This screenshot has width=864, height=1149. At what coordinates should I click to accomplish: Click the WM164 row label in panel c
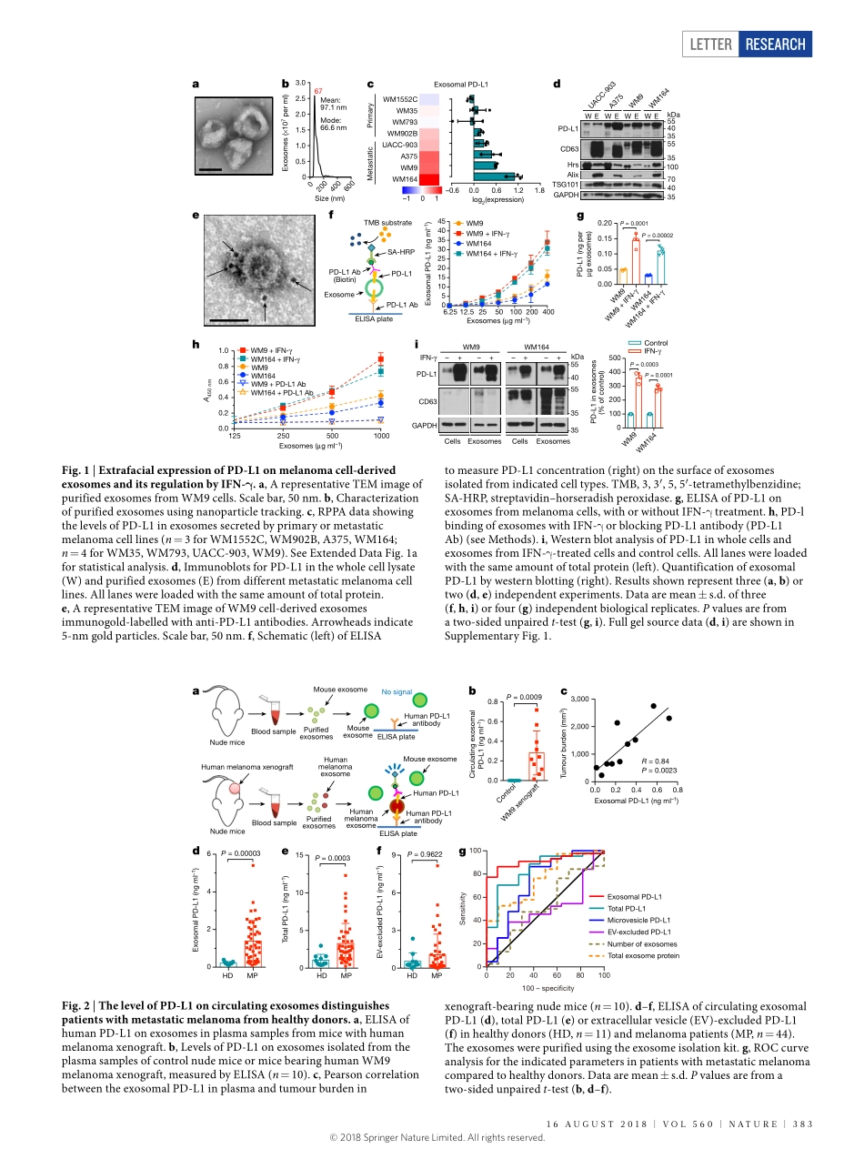pyautogui.click(x=402, y=179)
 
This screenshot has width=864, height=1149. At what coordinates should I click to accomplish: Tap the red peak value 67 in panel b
pyautogui.click(x=318, y=91)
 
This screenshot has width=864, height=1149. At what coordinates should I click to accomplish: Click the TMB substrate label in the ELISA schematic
pyautogui.click(x=388, y=222)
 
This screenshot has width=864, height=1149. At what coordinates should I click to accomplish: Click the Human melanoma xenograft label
pyautogui.click(x=238, y=767)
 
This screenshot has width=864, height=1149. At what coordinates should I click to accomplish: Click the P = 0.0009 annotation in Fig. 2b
pyautogui.click(x=525, y=696)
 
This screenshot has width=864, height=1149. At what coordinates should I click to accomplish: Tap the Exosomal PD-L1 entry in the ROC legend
pyautogui.click(x=635, y=897)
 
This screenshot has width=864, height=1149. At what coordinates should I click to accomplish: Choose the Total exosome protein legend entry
pyautogui.click(x=642, y=956)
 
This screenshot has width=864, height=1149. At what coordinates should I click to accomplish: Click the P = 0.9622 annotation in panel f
pyautogui.click(x=427, y=855)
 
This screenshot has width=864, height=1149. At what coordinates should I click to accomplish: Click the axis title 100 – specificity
pyautogui.click(x=548, y=988)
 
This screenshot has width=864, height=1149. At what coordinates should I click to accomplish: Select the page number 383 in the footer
pyautogui.click(x=801, y=1124)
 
